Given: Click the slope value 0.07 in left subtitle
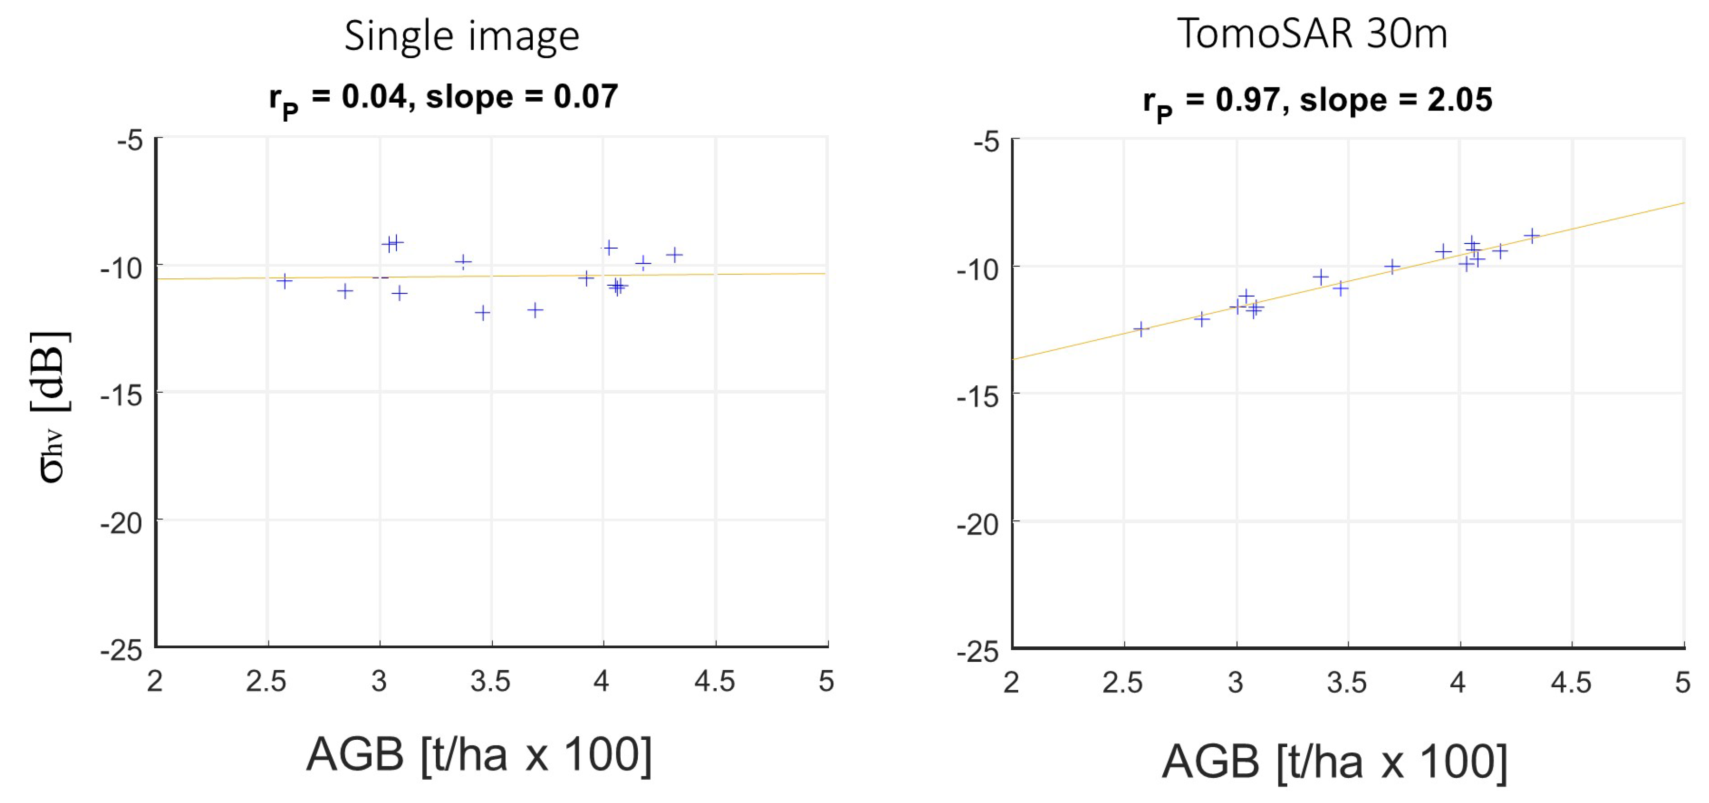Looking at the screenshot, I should click(585, 97).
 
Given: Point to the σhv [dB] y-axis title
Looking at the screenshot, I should click(52, 406).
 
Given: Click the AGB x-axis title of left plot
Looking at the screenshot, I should click(479, 755).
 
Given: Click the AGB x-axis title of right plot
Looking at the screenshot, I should click(1335, 761).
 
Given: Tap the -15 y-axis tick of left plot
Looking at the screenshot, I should click(121, 395).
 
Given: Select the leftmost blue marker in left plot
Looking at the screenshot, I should click(285, 281).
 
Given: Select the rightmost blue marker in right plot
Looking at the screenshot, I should click(1531, 236).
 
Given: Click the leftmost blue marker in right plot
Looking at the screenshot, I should click(1140, 329).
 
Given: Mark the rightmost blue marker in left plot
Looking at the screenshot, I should click(674, 255).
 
